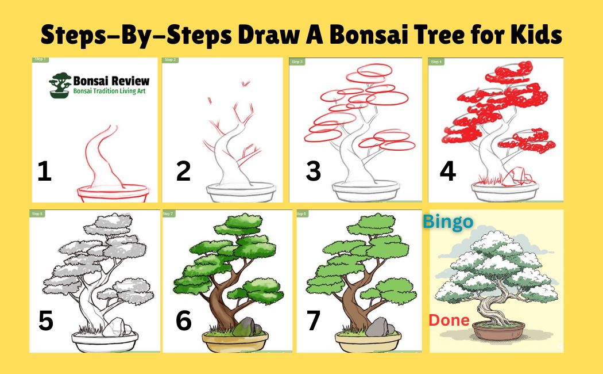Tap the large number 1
click(44, 171)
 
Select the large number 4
click(447, 171)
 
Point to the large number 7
click(314, 320)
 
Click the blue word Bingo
click(449, 222)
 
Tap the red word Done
click(450, 320)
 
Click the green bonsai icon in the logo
click(60, 86)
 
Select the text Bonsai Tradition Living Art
click(109, 91)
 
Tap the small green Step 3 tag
click(297, 62)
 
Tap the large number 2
click(183, 171)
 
